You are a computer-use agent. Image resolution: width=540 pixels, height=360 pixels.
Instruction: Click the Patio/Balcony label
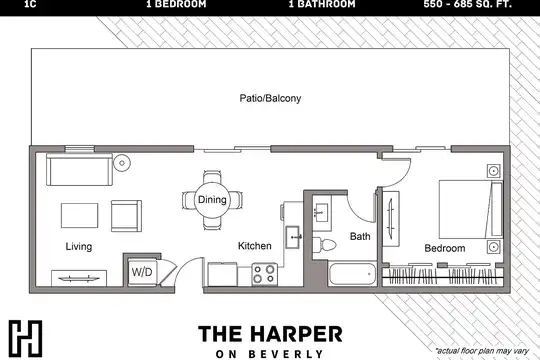tap(270, 99)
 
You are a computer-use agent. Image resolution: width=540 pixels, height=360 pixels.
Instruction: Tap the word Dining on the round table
tap(212, 199)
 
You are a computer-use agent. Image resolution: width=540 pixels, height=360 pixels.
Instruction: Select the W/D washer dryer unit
tap(142, 272)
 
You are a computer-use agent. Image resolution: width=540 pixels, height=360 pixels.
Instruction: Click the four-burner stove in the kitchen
tap(264, 275)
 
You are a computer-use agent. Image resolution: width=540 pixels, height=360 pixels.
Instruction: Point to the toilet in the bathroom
tap(324, 245)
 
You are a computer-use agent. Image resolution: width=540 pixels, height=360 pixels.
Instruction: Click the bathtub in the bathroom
tap(352, 274)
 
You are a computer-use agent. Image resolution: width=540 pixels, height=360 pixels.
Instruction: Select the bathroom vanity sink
tap(322, 213)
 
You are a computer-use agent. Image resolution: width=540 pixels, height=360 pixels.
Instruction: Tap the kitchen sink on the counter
tap(294, 237)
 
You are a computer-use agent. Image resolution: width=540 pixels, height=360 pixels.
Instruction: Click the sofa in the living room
tap(80, 169)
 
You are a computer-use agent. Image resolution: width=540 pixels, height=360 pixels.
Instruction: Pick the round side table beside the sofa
tap(122, 163)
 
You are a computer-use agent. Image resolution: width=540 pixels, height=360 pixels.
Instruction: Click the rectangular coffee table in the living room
tap(80, 215)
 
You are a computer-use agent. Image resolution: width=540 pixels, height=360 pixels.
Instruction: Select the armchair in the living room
tap(126, 216)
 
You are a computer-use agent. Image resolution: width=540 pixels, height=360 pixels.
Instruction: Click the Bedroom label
tap(445, 248)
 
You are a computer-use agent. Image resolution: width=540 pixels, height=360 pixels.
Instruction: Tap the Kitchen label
tap(255, 246)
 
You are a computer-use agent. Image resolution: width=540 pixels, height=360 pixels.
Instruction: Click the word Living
tap(79, 247)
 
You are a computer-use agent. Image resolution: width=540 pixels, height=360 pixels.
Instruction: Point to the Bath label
tap(360, 236)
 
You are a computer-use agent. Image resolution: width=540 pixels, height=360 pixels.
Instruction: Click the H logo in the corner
tap(25, 338)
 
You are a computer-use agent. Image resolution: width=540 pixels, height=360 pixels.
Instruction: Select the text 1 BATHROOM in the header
tap(322, 4)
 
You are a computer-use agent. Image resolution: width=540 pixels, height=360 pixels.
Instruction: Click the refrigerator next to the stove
tap(222, 274)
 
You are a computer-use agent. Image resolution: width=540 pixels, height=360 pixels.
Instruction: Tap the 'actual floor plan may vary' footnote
tap(482, 351)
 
